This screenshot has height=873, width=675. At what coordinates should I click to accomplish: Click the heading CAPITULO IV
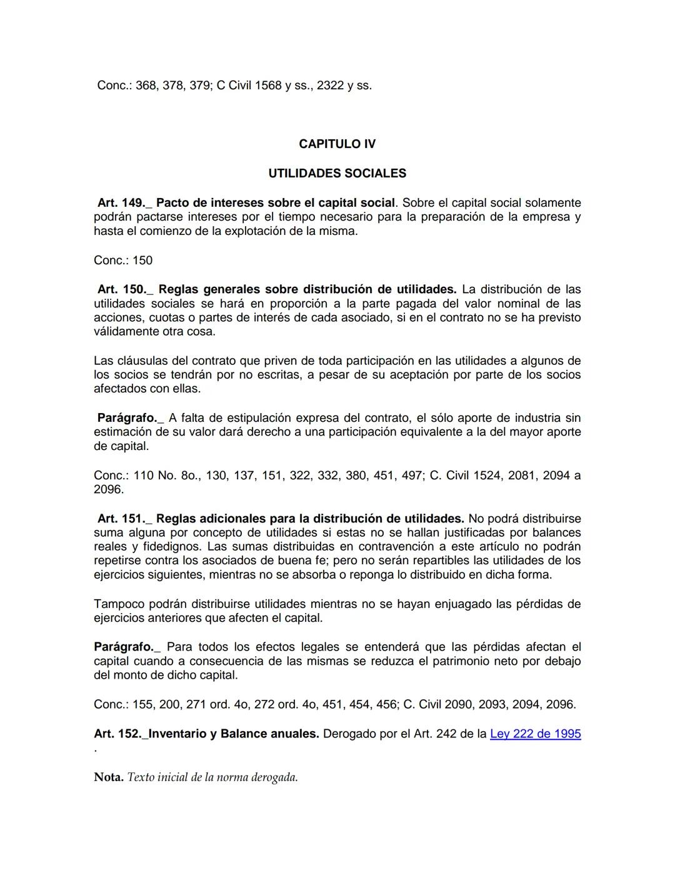pos(337,144)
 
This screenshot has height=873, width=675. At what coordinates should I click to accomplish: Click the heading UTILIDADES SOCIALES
pos(337,173)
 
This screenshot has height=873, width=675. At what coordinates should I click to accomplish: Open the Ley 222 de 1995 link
pos(535,734)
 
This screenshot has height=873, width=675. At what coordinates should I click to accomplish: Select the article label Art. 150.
pos(121,289)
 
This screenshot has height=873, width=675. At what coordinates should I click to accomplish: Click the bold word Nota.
pos(108,777)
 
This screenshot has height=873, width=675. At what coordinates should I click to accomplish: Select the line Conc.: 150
pos(123,261)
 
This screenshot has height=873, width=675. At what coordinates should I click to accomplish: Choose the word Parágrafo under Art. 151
pos(123,647)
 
